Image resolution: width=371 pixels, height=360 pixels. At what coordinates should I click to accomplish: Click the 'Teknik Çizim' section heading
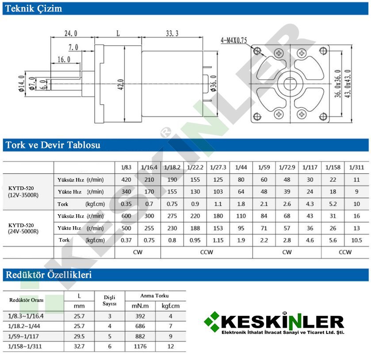[33, 8]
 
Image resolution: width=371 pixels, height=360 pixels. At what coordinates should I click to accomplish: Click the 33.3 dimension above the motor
[172, 33]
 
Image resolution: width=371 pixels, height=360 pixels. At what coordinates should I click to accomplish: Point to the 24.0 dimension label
[71, 33]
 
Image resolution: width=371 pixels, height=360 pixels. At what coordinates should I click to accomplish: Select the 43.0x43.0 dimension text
[348, 84]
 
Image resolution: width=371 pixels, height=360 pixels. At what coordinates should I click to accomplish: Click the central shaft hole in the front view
[290, 83]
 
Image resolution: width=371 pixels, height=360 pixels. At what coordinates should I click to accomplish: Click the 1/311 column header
[356, 167]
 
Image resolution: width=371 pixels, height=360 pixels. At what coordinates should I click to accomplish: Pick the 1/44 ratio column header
[241, 167]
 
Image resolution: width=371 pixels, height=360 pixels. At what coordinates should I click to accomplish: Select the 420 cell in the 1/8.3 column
[126, 180]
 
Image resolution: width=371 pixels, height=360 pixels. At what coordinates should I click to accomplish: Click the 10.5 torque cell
[356, 240]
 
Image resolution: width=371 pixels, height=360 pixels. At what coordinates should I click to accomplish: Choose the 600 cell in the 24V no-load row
[126, 216]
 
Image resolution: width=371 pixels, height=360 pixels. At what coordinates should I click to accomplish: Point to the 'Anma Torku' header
[154, 296]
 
